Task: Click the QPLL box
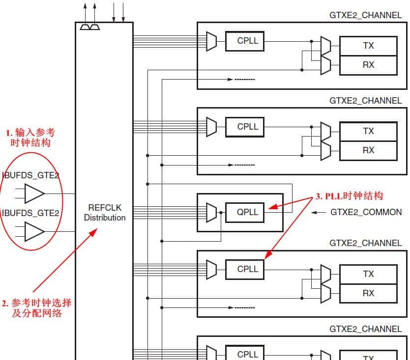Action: click(x=245, y=212)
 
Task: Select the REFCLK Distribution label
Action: click(x=104, y=213)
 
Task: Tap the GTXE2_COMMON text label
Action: click(x=366, y=212)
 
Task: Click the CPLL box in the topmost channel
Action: click(x=245, y=41)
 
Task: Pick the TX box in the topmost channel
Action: click(x=368, y=46)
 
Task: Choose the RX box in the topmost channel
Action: click(x=368, y=65)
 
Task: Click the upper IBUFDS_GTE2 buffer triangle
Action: click(x=34, y=194)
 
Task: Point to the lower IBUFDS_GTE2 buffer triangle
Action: click(x=34, y=231)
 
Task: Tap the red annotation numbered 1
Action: click(x=30, y=138)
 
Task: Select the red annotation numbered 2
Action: click(x=36, y=307)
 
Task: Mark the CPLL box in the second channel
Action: click(x=245, y=127)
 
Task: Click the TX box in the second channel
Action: click(x=368, y=131)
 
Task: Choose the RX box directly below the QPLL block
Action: click(x=368, y=293)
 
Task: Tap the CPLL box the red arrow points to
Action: click(x=245, y=269)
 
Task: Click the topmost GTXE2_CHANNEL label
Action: click(x=365, y=15)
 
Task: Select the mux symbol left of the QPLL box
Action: click(x=211, y=212)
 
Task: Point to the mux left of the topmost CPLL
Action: click(x=211, y=41)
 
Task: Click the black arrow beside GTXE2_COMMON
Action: click(x=319, y=212)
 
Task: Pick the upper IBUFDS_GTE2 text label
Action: click(x=31, y=175)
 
